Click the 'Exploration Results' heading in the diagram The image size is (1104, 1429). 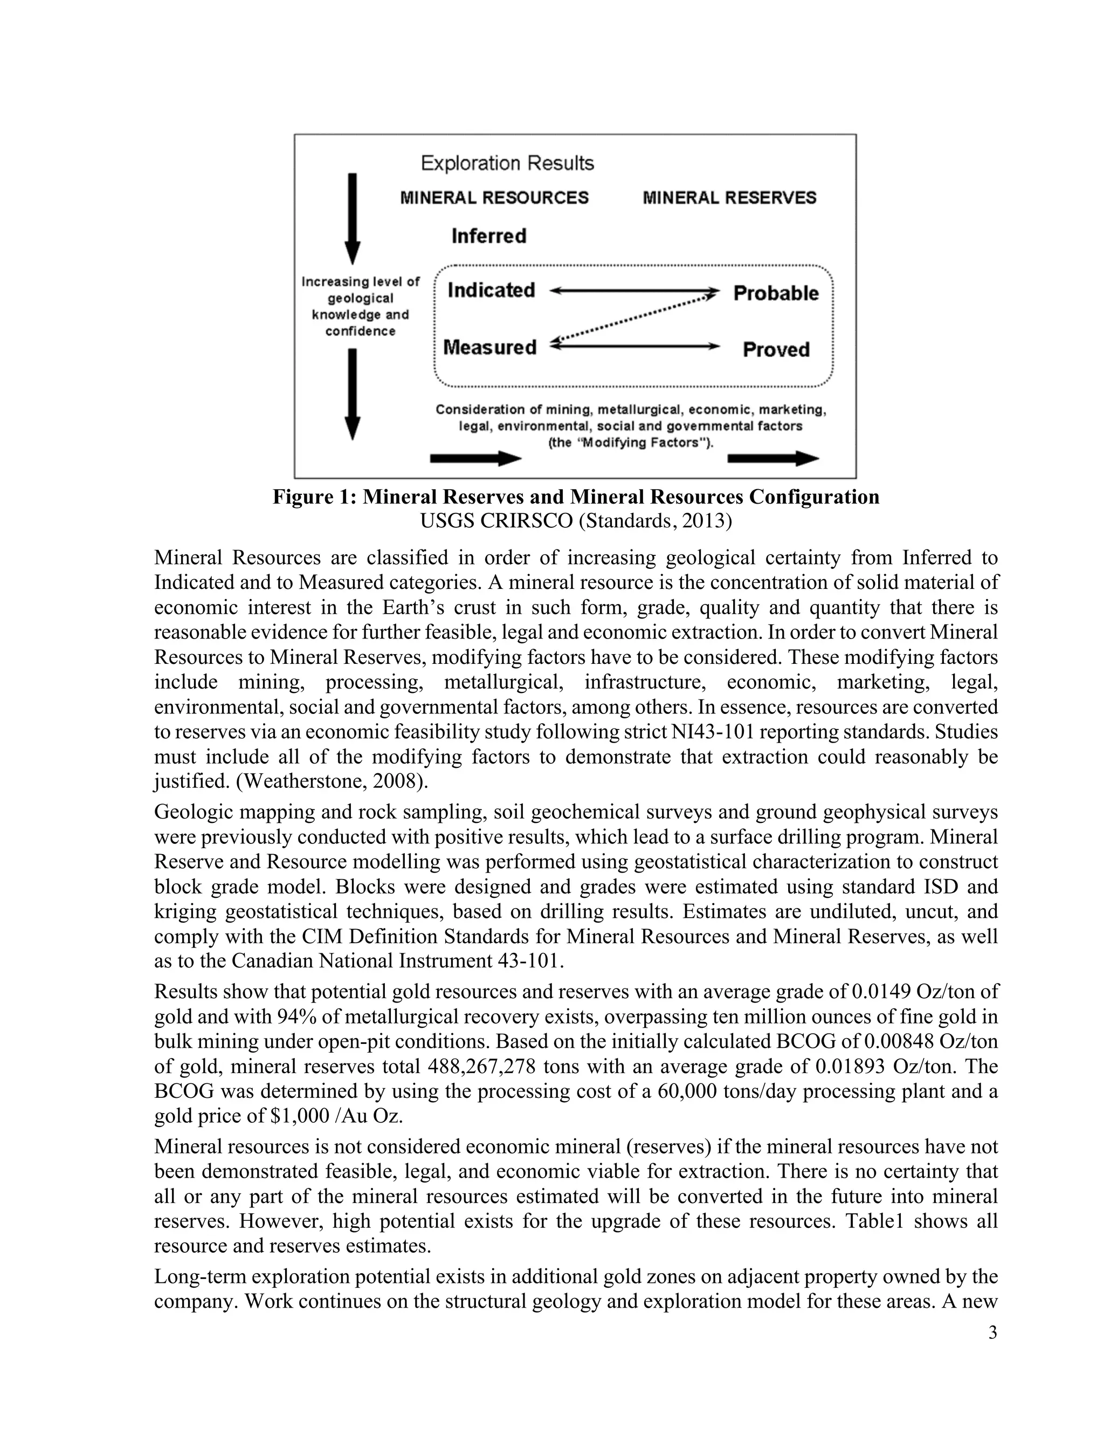click(507, 163)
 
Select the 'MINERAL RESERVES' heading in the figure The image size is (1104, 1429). click(729, 197)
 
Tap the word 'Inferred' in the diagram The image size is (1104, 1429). click(488, 236)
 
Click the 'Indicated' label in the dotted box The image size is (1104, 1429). click(491, 290)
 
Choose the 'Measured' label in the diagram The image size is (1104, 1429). click(490, 347)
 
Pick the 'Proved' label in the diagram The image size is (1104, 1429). click(776, 349)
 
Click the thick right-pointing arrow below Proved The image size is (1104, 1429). click(772, 459)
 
